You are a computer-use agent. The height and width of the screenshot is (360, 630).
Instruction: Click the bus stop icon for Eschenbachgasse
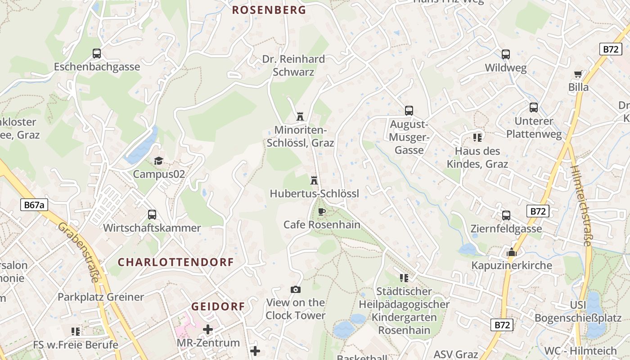[97, 54]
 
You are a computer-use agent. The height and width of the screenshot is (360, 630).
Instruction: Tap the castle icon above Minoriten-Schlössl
[300, 117]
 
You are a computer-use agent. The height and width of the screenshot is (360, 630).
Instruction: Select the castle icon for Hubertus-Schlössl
[314, 180]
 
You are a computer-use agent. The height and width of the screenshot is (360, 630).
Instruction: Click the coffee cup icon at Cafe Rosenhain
[321, 211]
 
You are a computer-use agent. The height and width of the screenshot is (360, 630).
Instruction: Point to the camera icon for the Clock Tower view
[296, 289]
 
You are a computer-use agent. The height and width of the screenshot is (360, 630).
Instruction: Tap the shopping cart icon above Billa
[578, 74]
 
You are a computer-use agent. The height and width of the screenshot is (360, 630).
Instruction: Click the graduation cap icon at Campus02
[158, 161]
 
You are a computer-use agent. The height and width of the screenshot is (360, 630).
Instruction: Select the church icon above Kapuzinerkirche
[511, 252]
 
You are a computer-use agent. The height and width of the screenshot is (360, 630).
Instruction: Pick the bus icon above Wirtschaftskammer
[152, 215]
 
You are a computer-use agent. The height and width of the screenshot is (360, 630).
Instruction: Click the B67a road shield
[34, 205]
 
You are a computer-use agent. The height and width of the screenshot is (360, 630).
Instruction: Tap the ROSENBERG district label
[269, 10]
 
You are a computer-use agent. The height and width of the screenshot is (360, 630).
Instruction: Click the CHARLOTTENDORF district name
[176, 262]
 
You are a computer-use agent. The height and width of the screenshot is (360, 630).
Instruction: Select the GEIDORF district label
[218, 306]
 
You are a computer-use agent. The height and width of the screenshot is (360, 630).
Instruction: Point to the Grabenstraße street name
[78, 252]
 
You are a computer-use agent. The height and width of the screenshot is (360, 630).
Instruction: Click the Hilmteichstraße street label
[581, 205]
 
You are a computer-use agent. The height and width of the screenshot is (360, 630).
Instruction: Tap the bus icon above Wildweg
[506, 54]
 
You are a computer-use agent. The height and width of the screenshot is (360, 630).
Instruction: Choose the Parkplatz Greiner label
[101, 297]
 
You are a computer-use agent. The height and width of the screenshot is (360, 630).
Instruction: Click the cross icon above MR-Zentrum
[208, 329]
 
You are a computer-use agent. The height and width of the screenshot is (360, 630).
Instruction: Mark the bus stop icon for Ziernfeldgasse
[506, 216]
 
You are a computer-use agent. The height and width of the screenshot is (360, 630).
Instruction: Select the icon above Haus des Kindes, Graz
[477, 137]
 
